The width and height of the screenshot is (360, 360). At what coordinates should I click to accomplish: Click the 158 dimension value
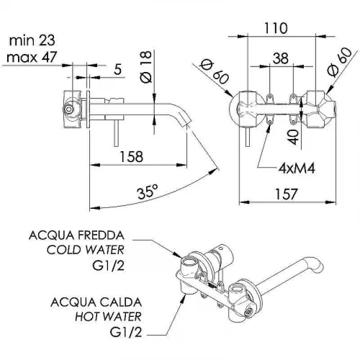click(132, 156)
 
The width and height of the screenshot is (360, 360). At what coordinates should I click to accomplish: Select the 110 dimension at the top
click(276, 28)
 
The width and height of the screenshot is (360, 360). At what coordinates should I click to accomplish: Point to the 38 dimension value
click(281, 58)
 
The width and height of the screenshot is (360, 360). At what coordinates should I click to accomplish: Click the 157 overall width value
click(287, 194)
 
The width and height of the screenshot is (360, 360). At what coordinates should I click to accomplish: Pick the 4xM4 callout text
click(297, 168)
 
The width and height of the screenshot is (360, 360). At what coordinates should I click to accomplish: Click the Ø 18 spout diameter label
click(146, 67)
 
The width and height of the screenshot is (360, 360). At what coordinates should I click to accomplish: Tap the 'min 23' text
click(32, 40)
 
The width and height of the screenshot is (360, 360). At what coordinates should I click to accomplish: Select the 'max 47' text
click(32, 58)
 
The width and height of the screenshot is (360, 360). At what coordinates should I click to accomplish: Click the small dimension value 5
click(118, 70)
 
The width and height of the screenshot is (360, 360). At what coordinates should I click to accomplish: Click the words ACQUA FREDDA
click(76, 235)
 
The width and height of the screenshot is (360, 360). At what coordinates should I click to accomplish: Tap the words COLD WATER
click(86, 250)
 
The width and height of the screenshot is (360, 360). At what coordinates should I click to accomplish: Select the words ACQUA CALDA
click(96, 302)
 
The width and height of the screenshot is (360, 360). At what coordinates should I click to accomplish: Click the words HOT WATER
click(108, 317)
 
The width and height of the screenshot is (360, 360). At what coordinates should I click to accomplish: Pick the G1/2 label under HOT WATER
click(126, 333)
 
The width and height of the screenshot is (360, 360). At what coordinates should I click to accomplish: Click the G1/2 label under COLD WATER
click(109, 266)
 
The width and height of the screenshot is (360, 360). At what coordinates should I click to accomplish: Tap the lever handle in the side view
click(117, 133)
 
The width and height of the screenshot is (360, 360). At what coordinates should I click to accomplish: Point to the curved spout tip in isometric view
click(318, 266)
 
